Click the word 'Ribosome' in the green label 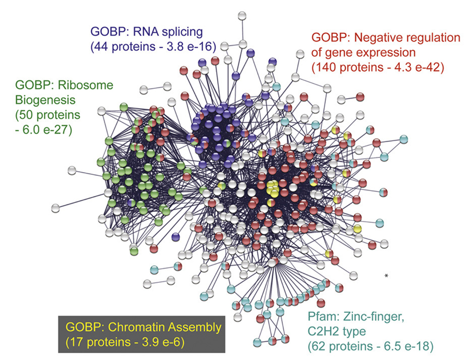pos(86,85)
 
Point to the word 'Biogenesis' pos(45,100)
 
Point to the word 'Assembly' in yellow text pos(195,328)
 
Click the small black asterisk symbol pos(387,276)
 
